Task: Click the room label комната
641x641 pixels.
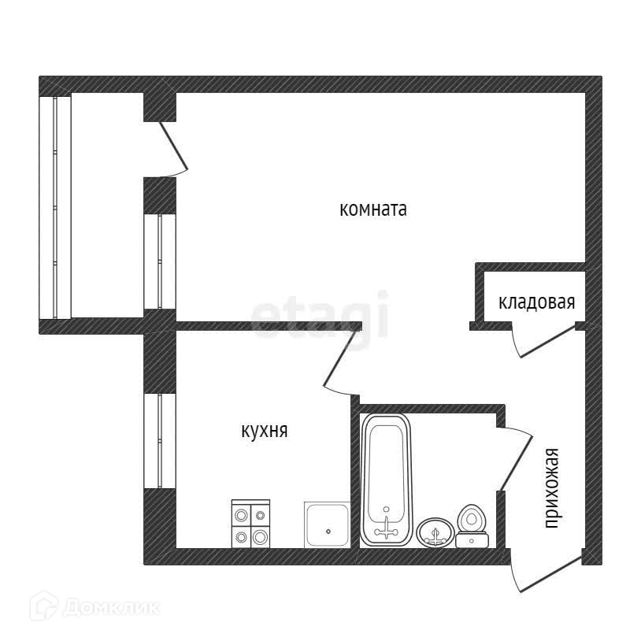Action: [x=372, y=209]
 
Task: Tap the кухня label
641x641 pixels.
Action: [x=264, y=431]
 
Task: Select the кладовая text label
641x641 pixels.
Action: [x=537, y=302]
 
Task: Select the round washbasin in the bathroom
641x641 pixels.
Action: [x=435, y=532]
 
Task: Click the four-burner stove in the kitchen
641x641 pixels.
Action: [x=250, y=524]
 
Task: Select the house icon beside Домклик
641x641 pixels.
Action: [x=44, y=607]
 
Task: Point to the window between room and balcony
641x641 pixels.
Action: [x=159, y=261]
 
